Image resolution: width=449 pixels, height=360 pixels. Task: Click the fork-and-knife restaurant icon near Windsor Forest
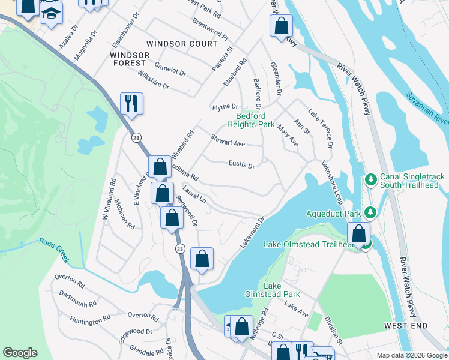[131, 103]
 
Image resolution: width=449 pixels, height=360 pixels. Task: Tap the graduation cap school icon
[52, 13]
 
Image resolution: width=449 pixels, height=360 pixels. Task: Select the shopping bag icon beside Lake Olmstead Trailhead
[358, 233]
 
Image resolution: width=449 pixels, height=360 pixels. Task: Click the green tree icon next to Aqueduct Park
[371, 212]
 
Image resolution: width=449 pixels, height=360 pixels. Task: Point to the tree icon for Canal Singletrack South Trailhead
[371, 179]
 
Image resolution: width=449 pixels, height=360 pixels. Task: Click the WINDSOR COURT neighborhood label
[182, 44]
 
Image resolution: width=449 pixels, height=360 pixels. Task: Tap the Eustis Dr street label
[241, 164]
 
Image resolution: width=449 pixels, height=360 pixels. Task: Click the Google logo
[20, 353]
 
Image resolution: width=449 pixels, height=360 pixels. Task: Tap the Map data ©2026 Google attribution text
[412, 355]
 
